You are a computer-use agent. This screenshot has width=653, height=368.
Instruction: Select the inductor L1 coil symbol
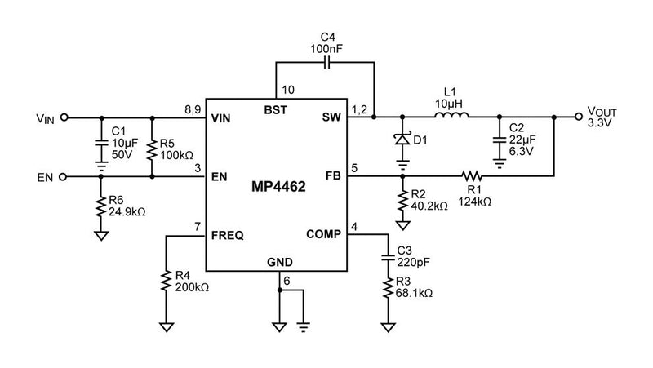[451, 117]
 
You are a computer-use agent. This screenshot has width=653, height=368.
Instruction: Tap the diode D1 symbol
[402, 140]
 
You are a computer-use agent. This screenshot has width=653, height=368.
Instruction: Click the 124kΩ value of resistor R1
[476, 200]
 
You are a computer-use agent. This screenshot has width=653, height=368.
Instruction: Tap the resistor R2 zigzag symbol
[402, 199]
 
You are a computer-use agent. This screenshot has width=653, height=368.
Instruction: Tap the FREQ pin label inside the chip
[228, 235]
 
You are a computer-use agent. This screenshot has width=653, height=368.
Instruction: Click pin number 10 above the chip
[287, 89]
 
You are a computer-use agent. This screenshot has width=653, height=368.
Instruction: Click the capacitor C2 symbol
[497, 140]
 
